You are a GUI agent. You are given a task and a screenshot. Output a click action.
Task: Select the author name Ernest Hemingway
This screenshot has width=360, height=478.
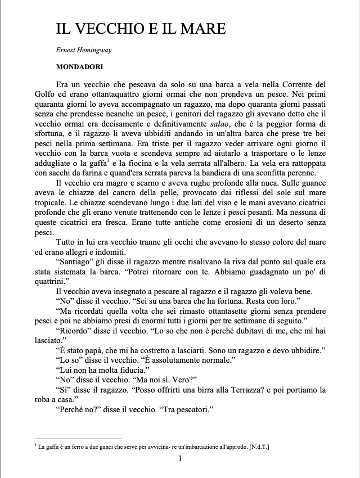pos(83,50)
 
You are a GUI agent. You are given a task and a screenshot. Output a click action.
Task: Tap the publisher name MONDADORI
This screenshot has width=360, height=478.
pos(79,66)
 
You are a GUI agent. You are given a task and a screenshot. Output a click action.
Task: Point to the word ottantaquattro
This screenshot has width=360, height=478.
pos(120,93)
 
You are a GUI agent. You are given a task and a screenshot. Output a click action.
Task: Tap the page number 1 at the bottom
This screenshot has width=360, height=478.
pos(180,459)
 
